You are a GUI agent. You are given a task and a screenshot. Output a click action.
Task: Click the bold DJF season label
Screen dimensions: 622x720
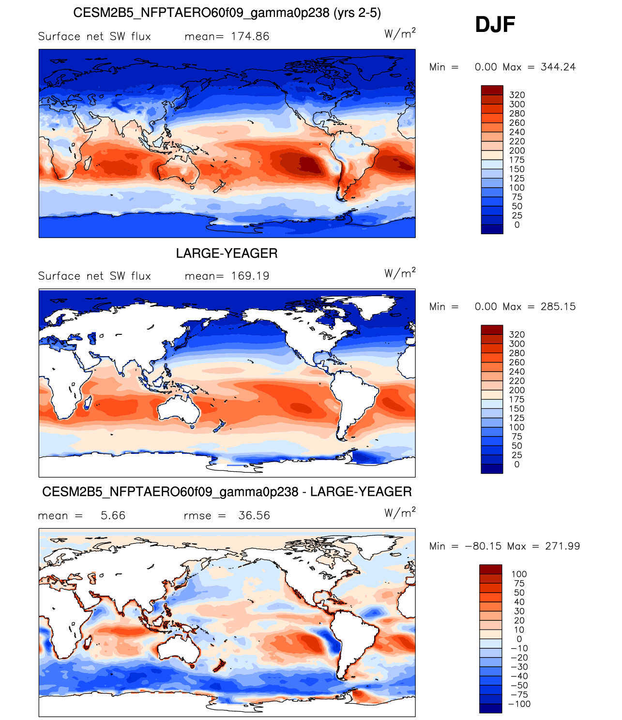click(495, 24)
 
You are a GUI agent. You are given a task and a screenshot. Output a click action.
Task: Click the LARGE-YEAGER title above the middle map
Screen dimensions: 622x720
click(227, 253)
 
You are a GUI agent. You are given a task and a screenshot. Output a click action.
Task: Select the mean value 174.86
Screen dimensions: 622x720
click(250, 36)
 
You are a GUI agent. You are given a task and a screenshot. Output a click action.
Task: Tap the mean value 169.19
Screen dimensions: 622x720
click(250, 276)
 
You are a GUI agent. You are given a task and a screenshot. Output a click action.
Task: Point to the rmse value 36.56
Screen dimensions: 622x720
click(254, 515)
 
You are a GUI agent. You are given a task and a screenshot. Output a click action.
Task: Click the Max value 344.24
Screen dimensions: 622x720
click(558, 67)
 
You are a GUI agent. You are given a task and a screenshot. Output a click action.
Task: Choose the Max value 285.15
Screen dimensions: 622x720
click(558, 306)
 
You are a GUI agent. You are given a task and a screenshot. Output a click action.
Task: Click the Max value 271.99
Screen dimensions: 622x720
click(562, 546)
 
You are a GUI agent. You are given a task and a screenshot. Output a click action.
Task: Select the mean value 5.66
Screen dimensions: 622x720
click(113, 515)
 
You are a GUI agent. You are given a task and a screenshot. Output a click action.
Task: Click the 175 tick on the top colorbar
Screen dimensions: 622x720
click(517, 160)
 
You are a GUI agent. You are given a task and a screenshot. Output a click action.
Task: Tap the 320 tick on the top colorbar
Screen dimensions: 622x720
click(517, 95)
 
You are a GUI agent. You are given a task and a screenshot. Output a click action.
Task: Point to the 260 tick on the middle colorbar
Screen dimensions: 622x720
click(517, 362)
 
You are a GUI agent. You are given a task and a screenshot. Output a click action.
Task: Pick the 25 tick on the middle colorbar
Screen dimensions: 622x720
click(517, 455)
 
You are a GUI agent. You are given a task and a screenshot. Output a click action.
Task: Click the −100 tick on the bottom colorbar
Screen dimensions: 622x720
click(519, 704)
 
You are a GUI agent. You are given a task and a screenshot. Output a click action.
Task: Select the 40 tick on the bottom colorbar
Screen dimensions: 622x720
click(519, 601)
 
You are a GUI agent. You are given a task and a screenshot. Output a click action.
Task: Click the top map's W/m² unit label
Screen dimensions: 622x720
click(400, 33)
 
